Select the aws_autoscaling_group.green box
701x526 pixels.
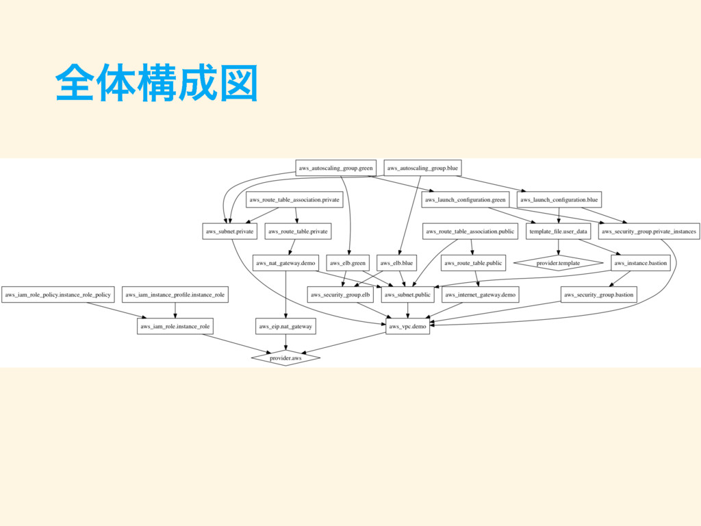click(336, 168)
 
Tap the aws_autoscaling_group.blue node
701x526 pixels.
click(422, 168)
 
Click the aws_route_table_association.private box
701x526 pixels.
click(294, 200)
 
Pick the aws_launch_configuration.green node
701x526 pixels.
click(465, 200)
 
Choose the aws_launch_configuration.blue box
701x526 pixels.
click(559, 200)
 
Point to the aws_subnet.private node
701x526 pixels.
click(230, 231)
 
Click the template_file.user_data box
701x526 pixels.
click(558, 231)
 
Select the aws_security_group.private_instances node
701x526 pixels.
click(649, 231)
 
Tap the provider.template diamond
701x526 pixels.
click(558, 263)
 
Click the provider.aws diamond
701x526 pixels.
click(285, 358)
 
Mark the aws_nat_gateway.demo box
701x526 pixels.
click(285, 263)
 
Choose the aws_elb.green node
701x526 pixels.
click(348, 263)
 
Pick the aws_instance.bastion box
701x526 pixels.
click(640, 263)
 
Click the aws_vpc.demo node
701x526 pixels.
click(408, 327)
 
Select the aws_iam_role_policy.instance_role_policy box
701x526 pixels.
click(58, 295)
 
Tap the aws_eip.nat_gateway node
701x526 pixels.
click(285, 327)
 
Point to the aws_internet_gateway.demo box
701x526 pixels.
click(480, 295)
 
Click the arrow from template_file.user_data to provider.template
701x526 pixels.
click(558, 247)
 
